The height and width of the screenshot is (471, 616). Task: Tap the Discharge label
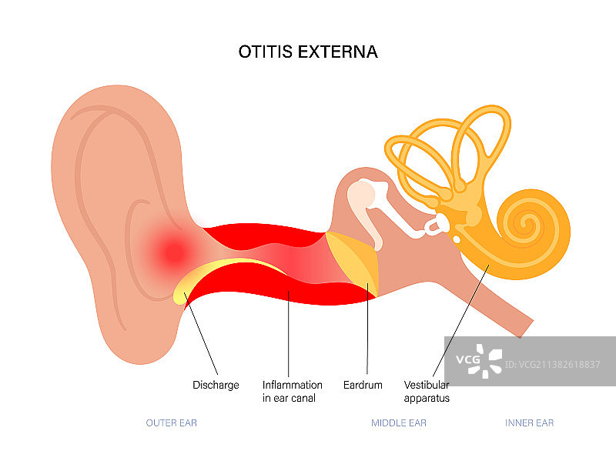point(215,385)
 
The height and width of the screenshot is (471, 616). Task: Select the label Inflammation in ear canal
point(292,391)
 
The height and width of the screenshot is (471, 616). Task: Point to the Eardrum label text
point(362,385)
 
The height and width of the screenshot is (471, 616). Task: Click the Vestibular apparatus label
point(427,391)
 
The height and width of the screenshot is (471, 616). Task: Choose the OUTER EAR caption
point(172,423)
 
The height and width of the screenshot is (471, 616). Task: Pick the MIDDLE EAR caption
point(398,423)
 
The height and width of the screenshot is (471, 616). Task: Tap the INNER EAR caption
point(529,423)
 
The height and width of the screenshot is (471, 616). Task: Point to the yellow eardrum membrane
point(356,262)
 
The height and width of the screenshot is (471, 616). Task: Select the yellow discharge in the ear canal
point(223,272)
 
